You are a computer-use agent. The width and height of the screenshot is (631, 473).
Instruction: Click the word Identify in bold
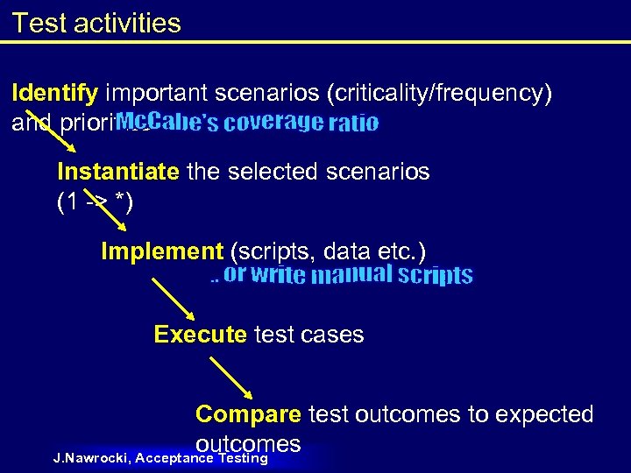[56, 95]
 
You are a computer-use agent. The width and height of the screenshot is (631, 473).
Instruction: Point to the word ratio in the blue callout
[353, 123]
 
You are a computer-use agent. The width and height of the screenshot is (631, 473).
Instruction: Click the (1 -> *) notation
[95, 202]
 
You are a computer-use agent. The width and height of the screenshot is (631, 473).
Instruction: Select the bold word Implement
[162, 252]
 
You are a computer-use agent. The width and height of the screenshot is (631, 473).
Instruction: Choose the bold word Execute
[200, 335]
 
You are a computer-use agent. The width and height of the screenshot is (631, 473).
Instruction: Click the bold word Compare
[248, 414]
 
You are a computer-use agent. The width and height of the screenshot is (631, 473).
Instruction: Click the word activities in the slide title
[125, 23]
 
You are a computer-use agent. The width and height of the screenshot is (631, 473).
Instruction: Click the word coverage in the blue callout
[273, 122]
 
